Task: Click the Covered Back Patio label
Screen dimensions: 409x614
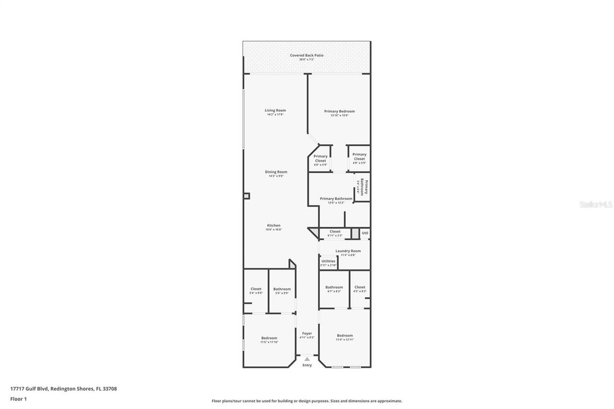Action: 307,56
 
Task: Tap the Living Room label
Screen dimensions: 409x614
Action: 275,111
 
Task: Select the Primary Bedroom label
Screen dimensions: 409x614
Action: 339,112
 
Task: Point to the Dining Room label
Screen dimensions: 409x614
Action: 276,172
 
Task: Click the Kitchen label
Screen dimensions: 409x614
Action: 274,226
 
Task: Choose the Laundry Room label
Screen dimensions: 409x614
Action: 348,251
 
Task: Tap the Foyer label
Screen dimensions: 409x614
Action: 307,334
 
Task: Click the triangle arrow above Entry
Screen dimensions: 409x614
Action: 307,359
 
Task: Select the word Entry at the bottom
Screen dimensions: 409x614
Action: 307,365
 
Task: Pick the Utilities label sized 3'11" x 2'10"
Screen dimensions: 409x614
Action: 329,261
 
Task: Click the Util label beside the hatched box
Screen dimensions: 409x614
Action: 365,233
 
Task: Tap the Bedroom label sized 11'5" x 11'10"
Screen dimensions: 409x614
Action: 269,339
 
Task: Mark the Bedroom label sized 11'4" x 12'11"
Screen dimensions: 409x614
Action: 344,336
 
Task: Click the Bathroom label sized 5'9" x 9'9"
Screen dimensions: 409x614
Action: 282,289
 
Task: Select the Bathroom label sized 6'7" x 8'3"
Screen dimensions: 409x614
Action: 334,288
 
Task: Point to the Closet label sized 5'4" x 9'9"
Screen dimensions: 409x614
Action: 256,289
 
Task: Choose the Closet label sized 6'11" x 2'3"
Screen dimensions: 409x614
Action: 335,232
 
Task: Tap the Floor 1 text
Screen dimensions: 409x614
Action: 18,398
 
